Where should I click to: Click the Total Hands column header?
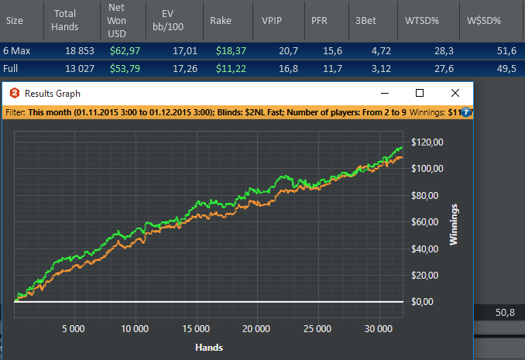click(x=64, y=20)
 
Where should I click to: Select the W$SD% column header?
click(x=484, y=21)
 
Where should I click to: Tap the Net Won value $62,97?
click(x=125, y=51)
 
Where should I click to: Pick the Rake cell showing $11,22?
click(x=231, y=69)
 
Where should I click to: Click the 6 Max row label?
click(x=17, y=51)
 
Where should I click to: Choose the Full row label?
click(x=10, y=69)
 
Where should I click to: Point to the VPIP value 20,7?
click(x=288, y=51)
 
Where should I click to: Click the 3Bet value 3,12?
click(x=381, y=69)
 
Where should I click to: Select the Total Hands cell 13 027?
click(x=80, y=69)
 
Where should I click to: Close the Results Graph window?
click(x=455, y=93)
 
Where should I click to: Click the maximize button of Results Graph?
click(x=420, y=93)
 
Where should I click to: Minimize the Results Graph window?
click(x=385, y=93)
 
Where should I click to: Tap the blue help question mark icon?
click(x=465, y=112)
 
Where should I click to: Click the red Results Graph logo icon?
click(x=15, y=93)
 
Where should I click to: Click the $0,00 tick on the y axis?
click(x=422, y=302)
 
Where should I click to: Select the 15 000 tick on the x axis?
click(x=196, y=329)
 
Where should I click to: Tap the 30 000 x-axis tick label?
click(x=379, y=329)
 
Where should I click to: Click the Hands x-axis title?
click(x=209, y=348)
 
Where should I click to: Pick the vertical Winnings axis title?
click(x=453, y=225)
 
